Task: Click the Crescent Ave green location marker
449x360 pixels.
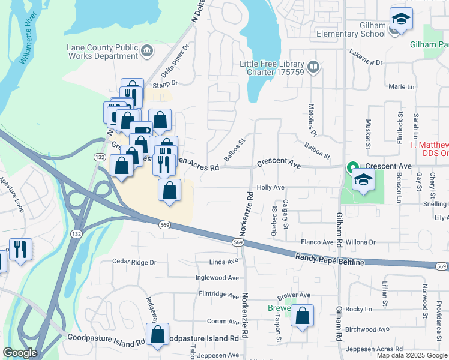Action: pyautogui.click(x=354, y=166)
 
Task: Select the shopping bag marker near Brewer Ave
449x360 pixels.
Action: pyautogui.click(x=303, y=316)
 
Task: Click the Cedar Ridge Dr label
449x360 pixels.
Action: pyautogui.click(x=134, y=262)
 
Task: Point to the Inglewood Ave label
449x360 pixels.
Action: pyautogui.click(x=217, y=278)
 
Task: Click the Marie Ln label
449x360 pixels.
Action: pyautogui.click(x=402, y=87)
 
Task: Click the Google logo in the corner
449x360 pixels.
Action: pyautogui.click(x=19, y=353)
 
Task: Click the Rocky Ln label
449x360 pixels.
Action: pyautogui.click(x=359, y=309)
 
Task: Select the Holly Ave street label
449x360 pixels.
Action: pyautogui.click(x=270, y=187)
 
